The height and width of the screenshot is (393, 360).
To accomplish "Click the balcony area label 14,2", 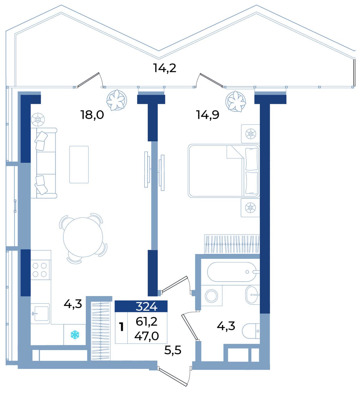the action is (x=165, y=68).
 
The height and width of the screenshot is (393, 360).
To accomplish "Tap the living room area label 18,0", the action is (x=92, y=115).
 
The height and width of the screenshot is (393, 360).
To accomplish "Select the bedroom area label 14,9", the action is (x=208, y=115).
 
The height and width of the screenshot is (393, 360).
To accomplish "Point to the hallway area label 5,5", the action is (x=173, y=350).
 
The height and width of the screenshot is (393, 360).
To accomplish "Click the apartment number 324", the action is (x=146, y=307).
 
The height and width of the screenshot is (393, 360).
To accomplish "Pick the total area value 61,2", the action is (x=147, y=322).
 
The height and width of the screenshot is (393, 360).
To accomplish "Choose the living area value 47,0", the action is (x=146, y=336).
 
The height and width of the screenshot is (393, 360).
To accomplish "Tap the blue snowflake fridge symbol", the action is (x=75, y=335).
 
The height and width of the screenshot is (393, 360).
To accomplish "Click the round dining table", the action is (x=83, y=237).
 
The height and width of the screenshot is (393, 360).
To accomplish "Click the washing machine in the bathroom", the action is (x=211, y=295).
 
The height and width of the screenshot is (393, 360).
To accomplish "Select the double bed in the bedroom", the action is (x=224, y=171).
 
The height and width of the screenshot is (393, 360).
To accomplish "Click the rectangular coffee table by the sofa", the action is (x=79, y=164).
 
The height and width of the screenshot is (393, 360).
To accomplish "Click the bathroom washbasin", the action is (x=253, y=295).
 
